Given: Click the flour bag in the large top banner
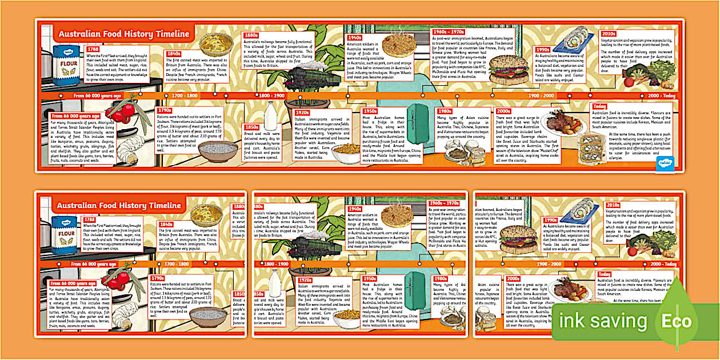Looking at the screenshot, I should point(66,65).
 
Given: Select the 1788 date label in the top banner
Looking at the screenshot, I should point(93,49).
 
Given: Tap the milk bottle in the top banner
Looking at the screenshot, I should point(270,116).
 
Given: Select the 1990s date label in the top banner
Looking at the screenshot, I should point(542,50).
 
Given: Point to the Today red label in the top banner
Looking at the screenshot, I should point(599,106).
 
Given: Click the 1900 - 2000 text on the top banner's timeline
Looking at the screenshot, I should point(541,95).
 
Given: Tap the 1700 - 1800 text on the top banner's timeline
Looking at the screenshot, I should point(184,95).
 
